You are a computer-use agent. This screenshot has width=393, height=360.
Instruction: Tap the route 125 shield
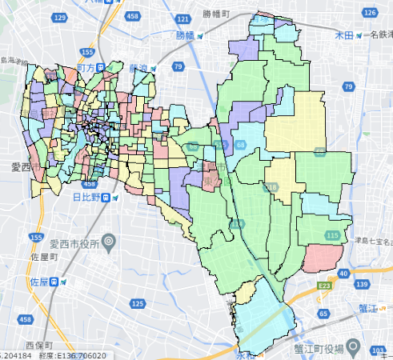(138, 303)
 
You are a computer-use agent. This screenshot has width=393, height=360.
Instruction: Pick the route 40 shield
(343, 274)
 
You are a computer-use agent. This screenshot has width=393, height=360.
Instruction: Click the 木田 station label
(344, 35)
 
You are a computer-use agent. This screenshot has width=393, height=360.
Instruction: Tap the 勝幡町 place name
(216, 14)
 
